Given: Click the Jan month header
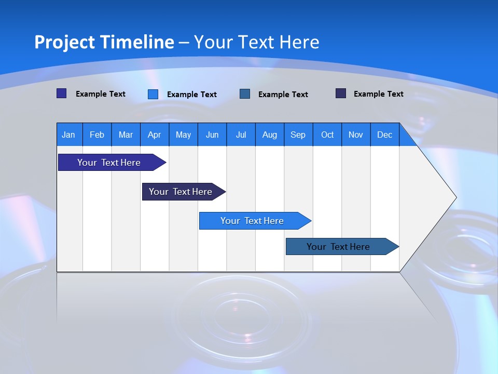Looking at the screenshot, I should tap(68, 135).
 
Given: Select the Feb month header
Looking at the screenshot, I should tap(97, 135).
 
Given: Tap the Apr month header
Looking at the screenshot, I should tap(154, 135).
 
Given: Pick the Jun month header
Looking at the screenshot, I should tap(212, 135).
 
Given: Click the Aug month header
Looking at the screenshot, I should tap(269, 135).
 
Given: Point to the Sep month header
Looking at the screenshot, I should tap(298, 135).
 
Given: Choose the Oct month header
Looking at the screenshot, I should tap(327, 135).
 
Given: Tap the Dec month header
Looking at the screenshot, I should tap(384, 135).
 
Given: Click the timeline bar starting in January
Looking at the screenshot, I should tap(109, 163).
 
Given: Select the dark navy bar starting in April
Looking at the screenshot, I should tap(181, 192).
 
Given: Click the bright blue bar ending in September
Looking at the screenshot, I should tap(252, 221).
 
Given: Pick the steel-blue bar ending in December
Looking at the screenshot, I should tap(338, 247).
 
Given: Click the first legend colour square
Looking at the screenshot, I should tap(61, 94).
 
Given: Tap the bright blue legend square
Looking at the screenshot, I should tap(153, 94).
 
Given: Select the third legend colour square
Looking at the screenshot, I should tap(245, 94).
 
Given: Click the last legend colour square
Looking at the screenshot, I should tap(341, 94).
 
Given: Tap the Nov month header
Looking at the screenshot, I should tap(356, 135).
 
